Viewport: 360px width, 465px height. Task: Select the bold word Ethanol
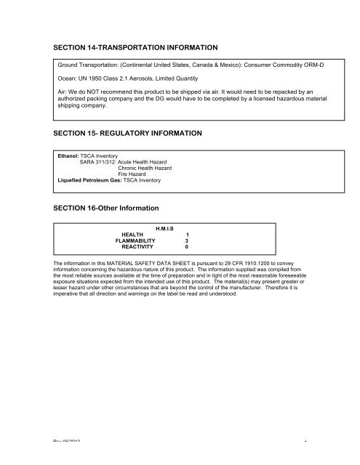(x=71, y=155)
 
